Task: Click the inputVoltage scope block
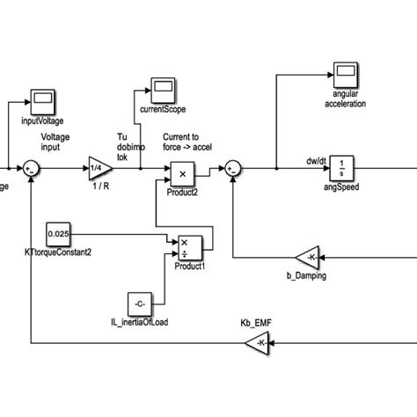coord(43,99)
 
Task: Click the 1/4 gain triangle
coord(99,165)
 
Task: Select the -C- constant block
coord(141,304)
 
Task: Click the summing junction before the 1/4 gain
coord(32,166)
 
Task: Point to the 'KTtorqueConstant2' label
coord(59,252)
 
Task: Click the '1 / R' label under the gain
coord(98,187)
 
